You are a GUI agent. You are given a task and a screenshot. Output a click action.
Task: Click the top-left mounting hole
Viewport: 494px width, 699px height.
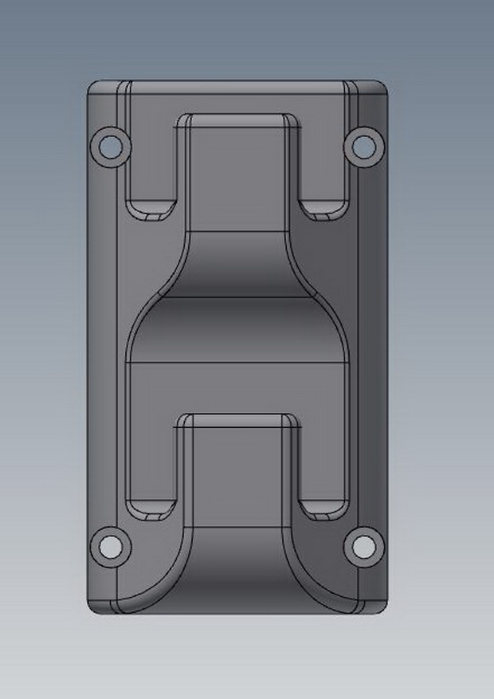[109, 146]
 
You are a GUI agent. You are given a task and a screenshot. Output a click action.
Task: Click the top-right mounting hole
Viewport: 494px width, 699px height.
[363, 145]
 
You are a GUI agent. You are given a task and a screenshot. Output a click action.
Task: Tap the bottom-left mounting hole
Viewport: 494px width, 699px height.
[109, 546]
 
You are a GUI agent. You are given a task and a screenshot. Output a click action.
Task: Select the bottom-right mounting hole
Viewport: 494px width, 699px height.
[363, 546]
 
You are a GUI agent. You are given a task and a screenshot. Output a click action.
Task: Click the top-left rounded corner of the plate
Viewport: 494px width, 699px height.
[94, 86]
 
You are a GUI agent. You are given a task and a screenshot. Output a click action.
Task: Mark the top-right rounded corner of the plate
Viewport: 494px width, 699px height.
[382, 86]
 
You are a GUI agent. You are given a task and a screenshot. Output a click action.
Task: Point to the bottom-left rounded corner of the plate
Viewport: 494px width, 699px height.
[94, 607]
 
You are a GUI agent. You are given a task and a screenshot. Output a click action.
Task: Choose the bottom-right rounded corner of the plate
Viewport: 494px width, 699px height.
[382, 607]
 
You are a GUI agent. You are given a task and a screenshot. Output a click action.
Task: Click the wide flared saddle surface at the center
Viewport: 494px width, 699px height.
[237, 331]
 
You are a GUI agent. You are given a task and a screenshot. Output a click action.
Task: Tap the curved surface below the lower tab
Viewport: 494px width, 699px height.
[237, 570]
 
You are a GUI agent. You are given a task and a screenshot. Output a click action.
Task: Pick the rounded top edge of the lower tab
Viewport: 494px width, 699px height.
[237, 419]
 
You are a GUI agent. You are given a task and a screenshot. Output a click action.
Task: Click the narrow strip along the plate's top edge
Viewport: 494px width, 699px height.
[237, 88]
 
